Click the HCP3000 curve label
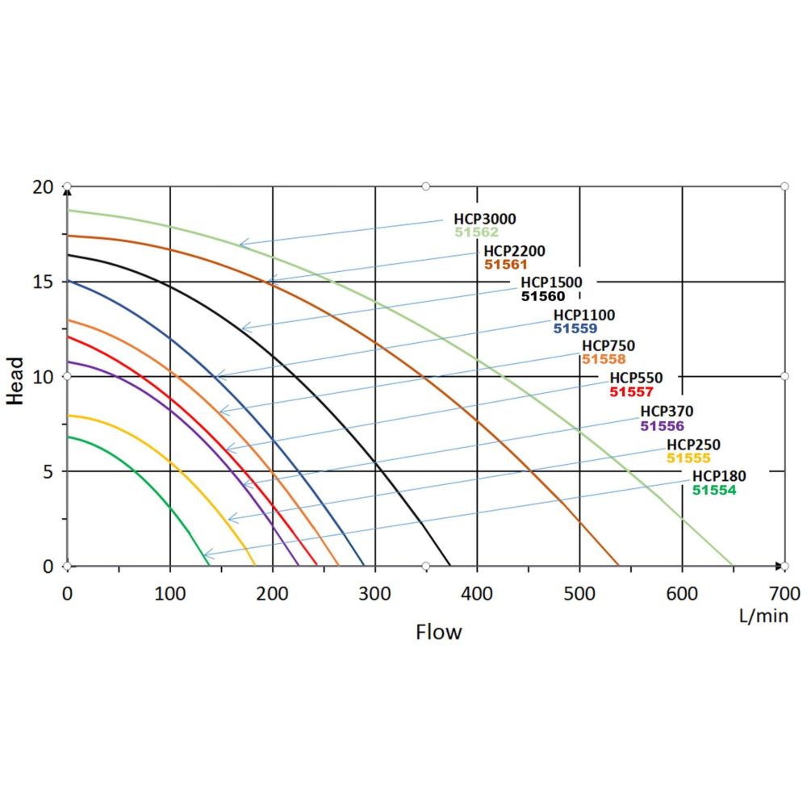(484, 219)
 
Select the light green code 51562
(475, 232)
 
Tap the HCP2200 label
(514, 251)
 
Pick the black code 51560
(543, 296)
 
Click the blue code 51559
(575, 328)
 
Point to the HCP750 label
(608, 346)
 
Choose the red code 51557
(631, 391)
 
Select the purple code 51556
(662, 425)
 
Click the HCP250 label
(693, 445)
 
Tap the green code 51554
(713, 490)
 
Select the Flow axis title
(439, 632)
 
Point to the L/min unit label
(763, 616)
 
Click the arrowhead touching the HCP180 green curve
(206, 555)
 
